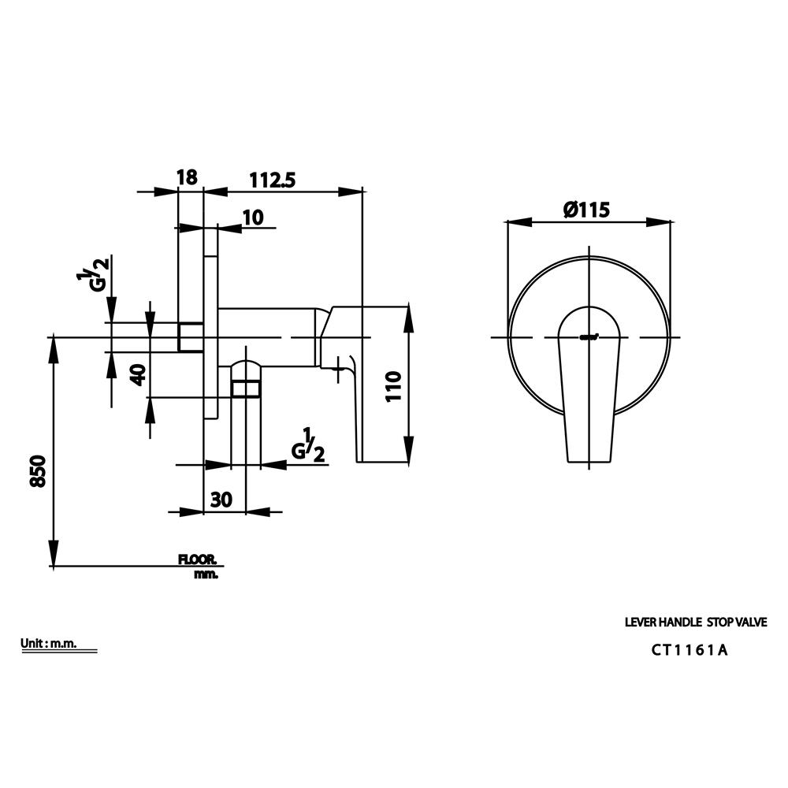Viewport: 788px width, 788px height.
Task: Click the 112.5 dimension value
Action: coord(272,180)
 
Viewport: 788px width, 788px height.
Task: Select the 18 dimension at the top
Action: coord(187,177)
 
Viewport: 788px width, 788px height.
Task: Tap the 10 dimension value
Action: coord(253,217)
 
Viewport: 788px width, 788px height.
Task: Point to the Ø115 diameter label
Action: coord(587,210)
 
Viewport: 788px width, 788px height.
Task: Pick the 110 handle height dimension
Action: coord(395,387)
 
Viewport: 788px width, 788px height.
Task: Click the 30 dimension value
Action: coord(221,500)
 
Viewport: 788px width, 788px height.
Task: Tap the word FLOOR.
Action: coord(198,559)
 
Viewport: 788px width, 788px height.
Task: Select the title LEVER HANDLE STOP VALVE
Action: coord(695,622)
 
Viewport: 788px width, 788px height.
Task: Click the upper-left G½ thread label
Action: coord(94,274)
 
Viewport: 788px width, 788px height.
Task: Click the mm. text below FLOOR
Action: coord(206,574)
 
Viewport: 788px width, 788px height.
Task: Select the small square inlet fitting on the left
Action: coord(190,337)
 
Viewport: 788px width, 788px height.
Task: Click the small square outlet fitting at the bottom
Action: coord(245,388)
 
